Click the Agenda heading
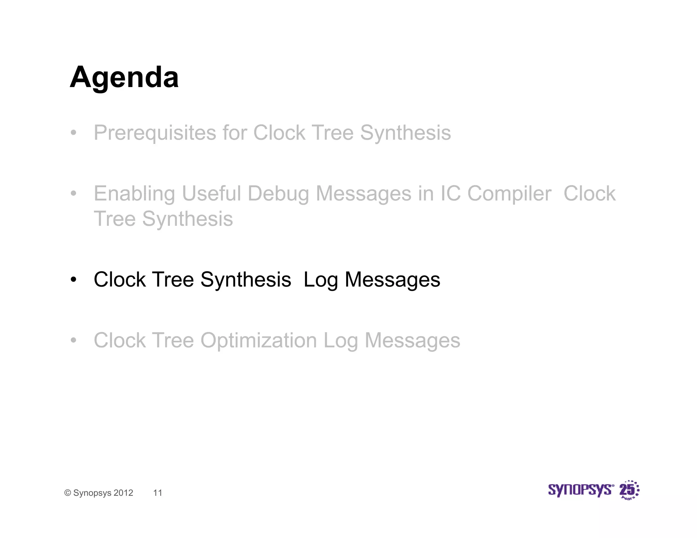tap(124, 78)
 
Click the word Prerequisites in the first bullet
tap(155, 133)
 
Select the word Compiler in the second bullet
tap(509, 194)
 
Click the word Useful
tap(211, 194)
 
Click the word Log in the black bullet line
tap(320, 280)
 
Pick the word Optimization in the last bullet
tap(258, 340)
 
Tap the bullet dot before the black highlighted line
tap(74, 280)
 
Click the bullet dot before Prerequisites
tap(74, 133)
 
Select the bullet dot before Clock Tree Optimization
tap(74, 341)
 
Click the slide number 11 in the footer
tap(158, 493)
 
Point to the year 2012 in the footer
tap(123, 493)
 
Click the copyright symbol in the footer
tap(68, 493)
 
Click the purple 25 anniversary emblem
tap(629, 490)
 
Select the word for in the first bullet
tap(234, 133)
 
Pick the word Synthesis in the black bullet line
tap(245, 280)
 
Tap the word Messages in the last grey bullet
tap(412, 340)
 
